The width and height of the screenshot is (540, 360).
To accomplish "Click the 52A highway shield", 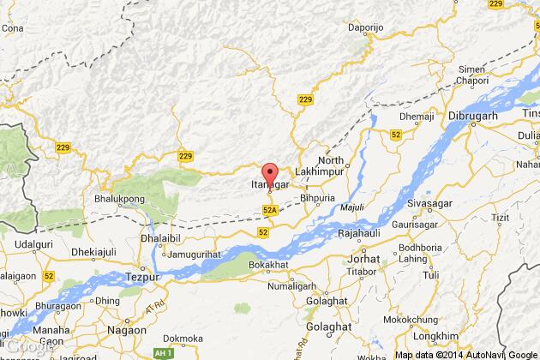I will (270, 209).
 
